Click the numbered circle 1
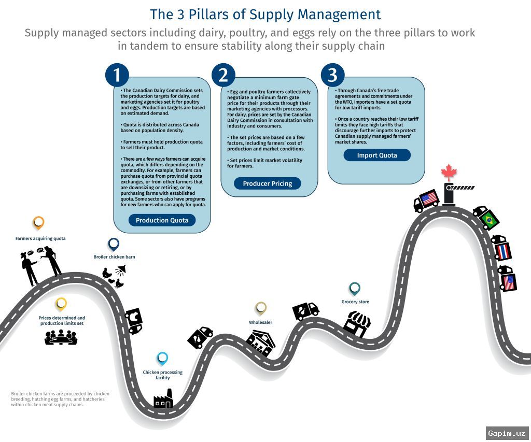(117, 75)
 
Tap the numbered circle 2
(223, 75)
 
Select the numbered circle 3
(332, 75)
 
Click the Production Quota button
(162, 220)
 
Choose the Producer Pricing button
(268, 183)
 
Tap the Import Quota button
(377, 155)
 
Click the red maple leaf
(449, 172)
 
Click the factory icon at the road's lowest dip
(163, 398)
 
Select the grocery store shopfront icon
(357, 324)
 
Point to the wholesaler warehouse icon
(260, 343)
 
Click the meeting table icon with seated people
(61, 337)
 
